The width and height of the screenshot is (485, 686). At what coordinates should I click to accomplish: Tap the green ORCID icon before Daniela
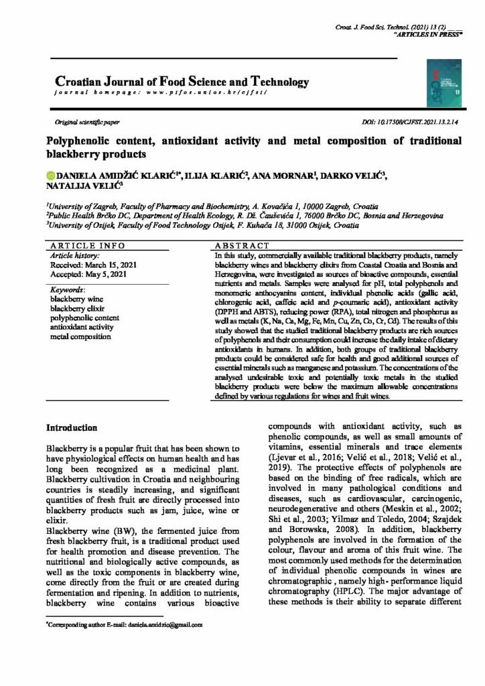click(x=49, y=176)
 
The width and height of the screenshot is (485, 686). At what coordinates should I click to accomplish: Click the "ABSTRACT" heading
click(x=242, y=246)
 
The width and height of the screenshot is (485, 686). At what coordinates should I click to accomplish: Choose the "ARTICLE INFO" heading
click(x=83, y=246)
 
